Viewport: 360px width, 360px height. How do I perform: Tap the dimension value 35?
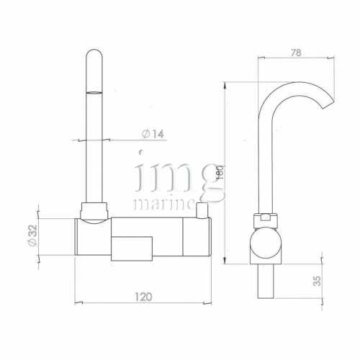click(x=318, y=281)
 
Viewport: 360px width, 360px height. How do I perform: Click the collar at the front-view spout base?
click(x=95, y=211)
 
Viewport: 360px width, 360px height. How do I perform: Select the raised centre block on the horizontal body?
click(x=132, y=246)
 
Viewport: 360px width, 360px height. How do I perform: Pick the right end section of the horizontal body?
click(x=197, y=236)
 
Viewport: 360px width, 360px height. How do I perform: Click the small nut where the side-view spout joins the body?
click(x=264, y=217)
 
